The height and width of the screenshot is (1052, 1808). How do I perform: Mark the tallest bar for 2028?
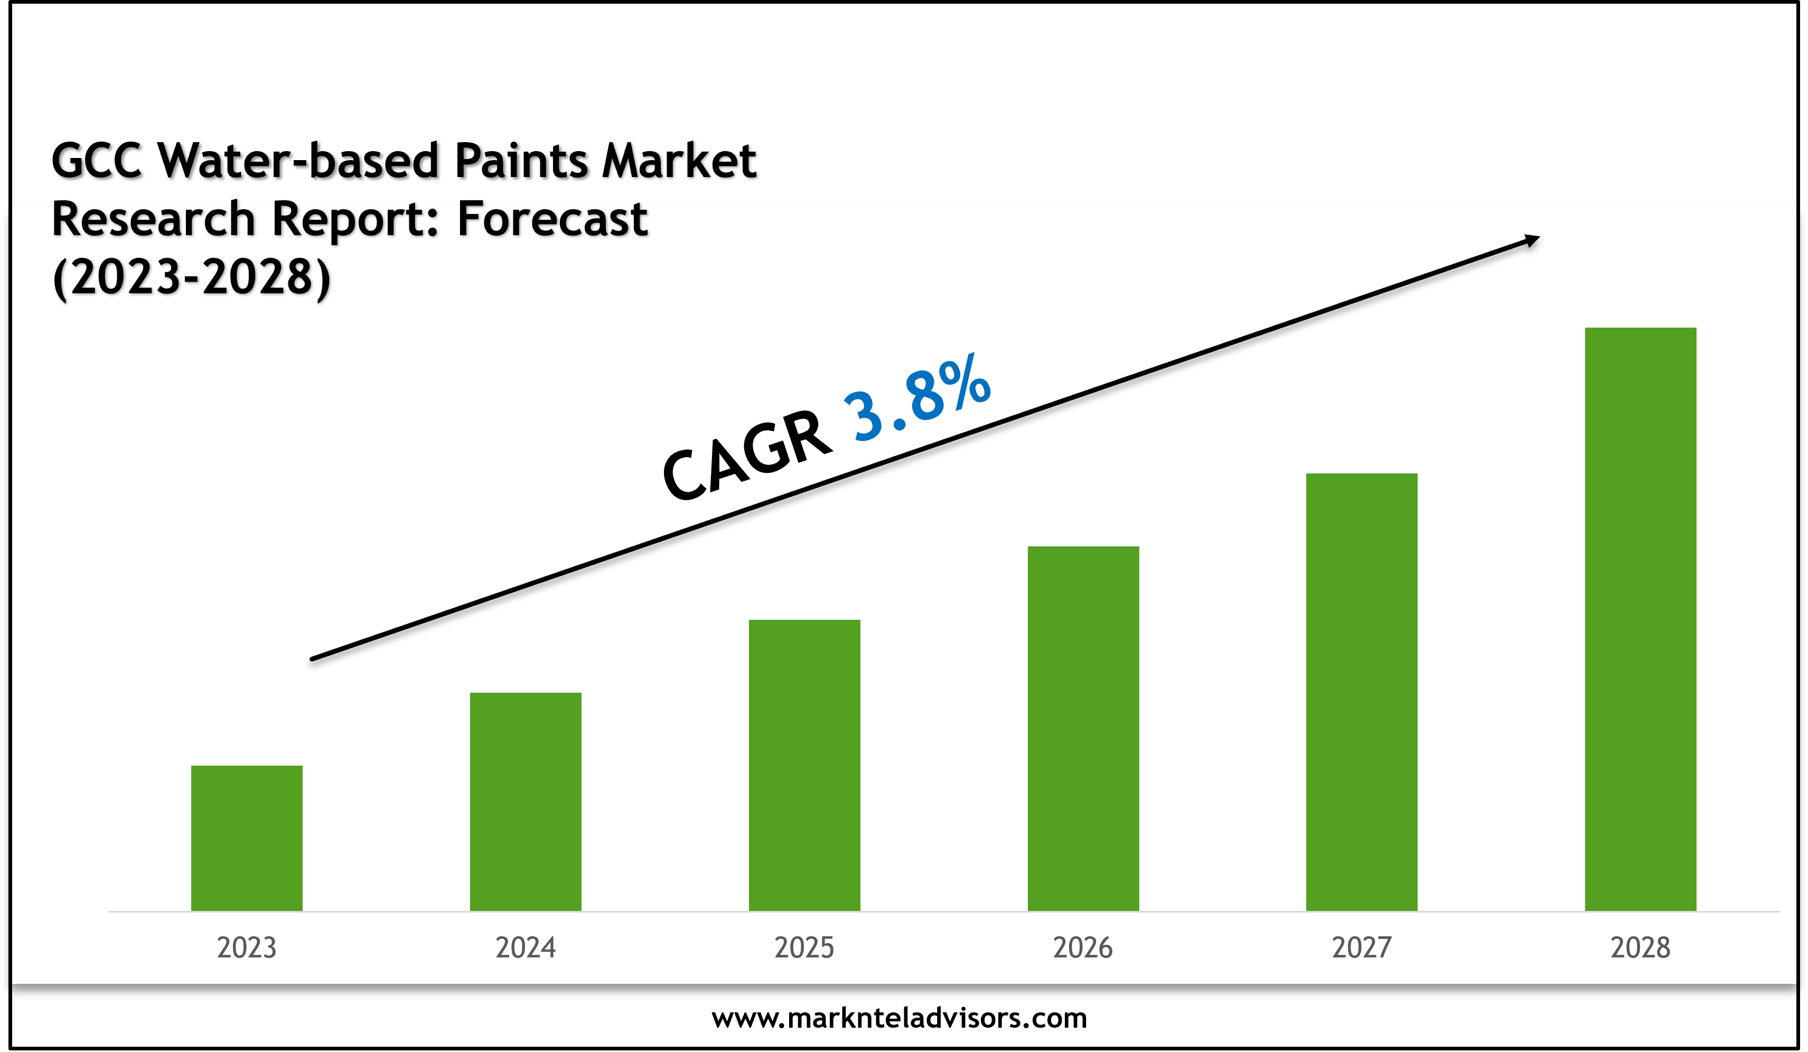tap(1640, 619)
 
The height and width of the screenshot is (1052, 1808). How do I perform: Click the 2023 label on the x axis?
tap(246, 947)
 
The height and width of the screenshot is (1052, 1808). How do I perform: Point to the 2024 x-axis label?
tap(525, 947)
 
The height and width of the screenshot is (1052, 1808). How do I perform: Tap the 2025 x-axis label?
tap(804, 947)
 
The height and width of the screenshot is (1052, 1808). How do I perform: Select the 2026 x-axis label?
tap(1083, 947)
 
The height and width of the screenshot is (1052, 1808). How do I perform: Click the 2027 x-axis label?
tap(1361, 947)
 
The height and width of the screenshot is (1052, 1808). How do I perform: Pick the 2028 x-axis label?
tap(1640, 947)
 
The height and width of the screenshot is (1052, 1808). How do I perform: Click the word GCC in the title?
tap(96, 160)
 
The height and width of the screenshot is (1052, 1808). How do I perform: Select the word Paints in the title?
tap(522, 160)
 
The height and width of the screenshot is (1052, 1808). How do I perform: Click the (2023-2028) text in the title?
tap(192, 278)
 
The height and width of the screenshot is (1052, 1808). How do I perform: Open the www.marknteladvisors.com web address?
tap(899, 1018)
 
